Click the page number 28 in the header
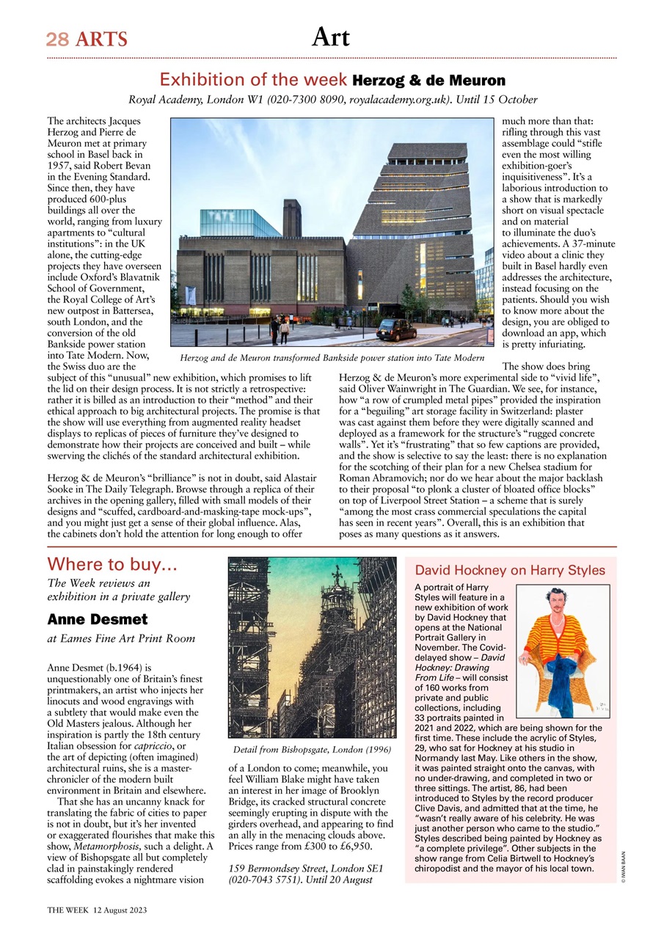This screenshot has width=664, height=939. (x=57, y=39)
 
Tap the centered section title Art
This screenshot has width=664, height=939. (x=331, y=37)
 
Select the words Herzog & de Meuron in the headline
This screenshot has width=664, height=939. (x=429, y=80)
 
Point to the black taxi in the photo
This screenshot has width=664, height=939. (x=396, y=329)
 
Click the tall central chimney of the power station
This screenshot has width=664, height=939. (x=291, y=218)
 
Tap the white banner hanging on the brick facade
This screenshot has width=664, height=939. (x=190, y=296)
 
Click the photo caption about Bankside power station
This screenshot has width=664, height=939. (x=332, y=357)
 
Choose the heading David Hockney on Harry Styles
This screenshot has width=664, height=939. (x=510, y=570)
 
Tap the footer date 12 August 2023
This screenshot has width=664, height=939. (x=120, y=910)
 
